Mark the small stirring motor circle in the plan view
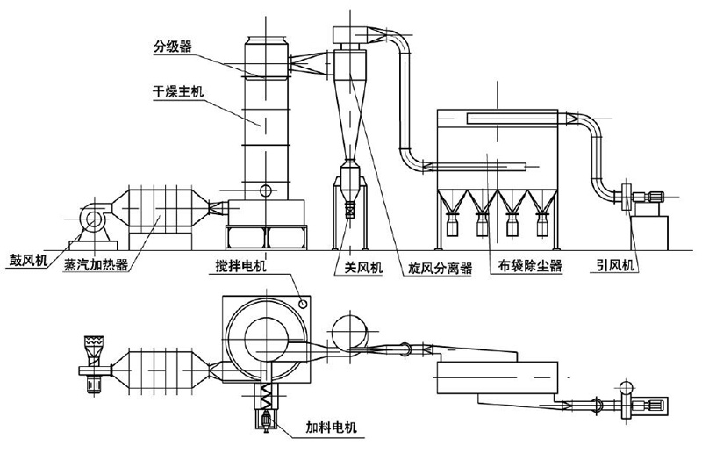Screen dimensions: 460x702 pos(303,303)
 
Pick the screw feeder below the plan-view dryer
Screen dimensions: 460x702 pos(262,405)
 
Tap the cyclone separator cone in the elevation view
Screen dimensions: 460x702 pos(347,114)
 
